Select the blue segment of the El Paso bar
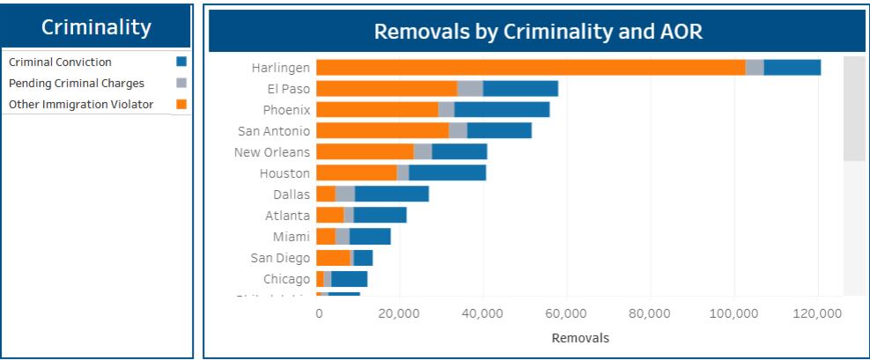520,89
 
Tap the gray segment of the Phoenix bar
446,110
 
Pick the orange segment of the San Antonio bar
382,131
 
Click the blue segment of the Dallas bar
391,195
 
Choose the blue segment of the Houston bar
447,173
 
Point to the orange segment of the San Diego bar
333,258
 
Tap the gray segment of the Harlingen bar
754,68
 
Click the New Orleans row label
271,152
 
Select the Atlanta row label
287,216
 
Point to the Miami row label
291,237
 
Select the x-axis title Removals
579,337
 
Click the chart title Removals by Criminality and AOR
537,32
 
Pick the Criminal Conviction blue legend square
181,62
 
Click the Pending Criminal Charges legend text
76,84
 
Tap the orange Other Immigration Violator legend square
181,105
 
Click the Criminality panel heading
97,27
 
